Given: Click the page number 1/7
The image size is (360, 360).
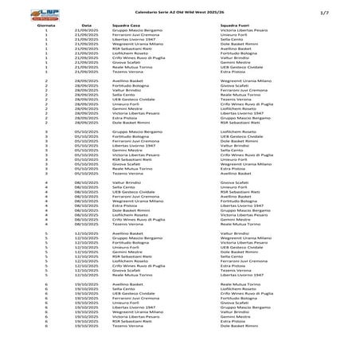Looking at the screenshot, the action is pos(346,13).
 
